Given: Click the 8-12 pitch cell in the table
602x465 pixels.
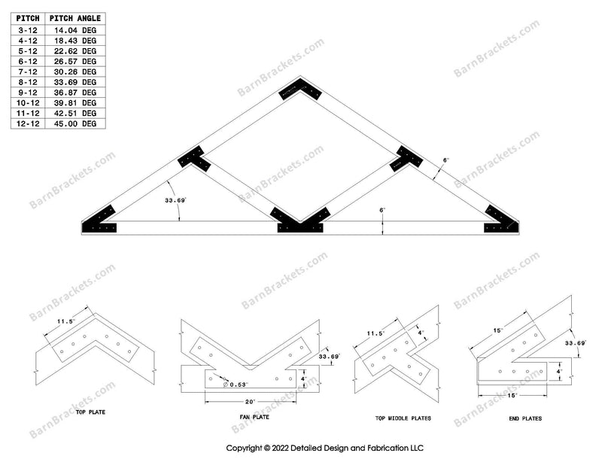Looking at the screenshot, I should click(28, 82).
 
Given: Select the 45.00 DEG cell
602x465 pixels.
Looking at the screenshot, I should click(78, 123).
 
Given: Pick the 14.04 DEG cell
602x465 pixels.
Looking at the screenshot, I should click(78, 29).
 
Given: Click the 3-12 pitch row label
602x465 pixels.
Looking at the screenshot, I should click(28, 29).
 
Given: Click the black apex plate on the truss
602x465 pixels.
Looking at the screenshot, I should click(300, 90).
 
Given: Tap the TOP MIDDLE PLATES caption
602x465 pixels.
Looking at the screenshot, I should click(397, 418).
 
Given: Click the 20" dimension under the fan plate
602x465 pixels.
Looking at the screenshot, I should click(248, 401).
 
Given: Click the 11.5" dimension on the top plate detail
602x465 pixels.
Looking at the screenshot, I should click(65, 321).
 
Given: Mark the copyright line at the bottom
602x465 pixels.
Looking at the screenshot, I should click(326, 447).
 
